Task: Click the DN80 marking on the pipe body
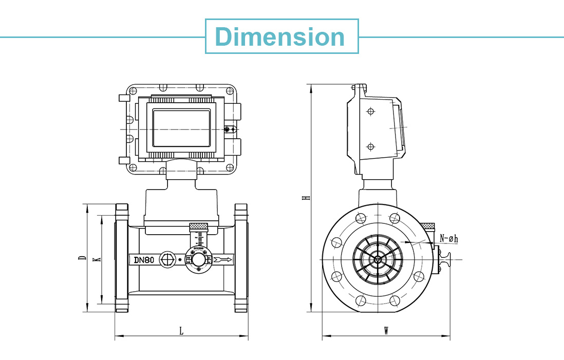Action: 144,260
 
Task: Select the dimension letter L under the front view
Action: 181,331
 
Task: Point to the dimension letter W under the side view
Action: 386,331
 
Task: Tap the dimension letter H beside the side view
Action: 306,197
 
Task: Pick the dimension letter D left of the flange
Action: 82,258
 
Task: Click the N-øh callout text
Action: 448,238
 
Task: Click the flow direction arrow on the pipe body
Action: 223,260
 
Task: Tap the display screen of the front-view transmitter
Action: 182,127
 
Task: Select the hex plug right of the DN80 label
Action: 167,260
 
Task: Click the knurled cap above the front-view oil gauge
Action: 198,226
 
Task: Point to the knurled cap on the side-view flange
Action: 427,226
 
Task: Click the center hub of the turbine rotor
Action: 378,259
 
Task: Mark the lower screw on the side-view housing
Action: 370,147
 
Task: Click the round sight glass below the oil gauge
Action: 198,260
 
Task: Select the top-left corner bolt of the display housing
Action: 133,91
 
